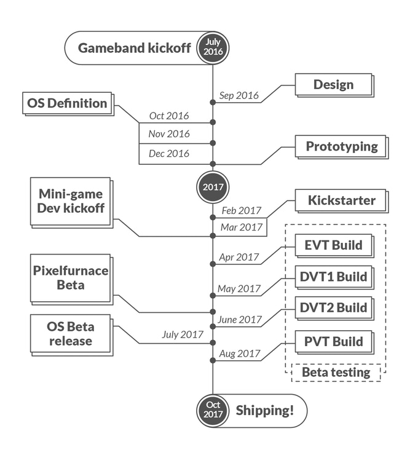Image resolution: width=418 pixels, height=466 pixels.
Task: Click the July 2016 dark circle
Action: click(x=213, y=47)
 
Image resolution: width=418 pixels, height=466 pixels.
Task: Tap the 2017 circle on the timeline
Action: click(x=213, y=187)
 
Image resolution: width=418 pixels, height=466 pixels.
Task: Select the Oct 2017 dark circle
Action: click(x=213, y=410)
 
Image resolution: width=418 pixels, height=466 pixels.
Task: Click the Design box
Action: click(x=333, y=85)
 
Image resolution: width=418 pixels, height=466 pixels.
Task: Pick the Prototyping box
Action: click(x=341, y=147)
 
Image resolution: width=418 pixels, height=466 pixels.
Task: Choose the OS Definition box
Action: click(x=68, y=103)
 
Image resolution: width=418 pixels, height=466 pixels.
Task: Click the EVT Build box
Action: click(x=333, y=245)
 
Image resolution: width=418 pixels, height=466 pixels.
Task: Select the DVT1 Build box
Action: click(x=333, y=277)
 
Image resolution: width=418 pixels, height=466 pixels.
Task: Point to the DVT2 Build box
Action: click(x=333, y=307)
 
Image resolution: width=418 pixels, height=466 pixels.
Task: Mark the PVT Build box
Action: click(x=333, y=341)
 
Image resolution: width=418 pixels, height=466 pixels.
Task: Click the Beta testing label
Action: click(x=336, y=372)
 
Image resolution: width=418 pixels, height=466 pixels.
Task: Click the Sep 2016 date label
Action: click(x=239, y=96)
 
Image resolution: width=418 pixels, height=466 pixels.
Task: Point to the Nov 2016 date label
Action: click(x=169, y=133)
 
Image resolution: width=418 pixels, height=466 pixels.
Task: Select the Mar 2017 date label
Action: click(x=242, y=227)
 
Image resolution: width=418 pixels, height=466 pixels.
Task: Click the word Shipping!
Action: click(x=264, y=410)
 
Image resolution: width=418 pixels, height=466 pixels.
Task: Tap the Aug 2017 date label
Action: click(x=240, y=354)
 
